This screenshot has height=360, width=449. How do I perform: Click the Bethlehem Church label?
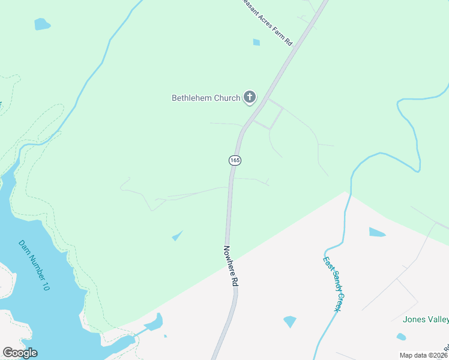(206, 98)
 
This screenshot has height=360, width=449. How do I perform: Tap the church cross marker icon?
(250, 97)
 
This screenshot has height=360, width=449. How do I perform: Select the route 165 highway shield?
(235, 160)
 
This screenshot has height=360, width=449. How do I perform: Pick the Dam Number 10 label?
(34, 265)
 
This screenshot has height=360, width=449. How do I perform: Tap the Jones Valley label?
(426, 319)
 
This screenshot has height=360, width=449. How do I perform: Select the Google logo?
(20, 353)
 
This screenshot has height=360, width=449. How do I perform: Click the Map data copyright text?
(424, 355)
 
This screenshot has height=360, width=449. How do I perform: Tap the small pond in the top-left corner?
(42, 24)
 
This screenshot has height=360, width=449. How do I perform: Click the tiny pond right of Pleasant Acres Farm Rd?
(256, 42)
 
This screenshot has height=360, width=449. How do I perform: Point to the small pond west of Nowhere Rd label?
(177, 236)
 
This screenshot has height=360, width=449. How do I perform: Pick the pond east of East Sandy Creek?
(376, 232)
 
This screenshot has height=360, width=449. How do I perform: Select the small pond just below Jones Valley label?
(400, 337)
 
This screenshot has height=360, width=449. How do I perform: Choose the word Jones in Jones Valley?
(414, 319)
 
